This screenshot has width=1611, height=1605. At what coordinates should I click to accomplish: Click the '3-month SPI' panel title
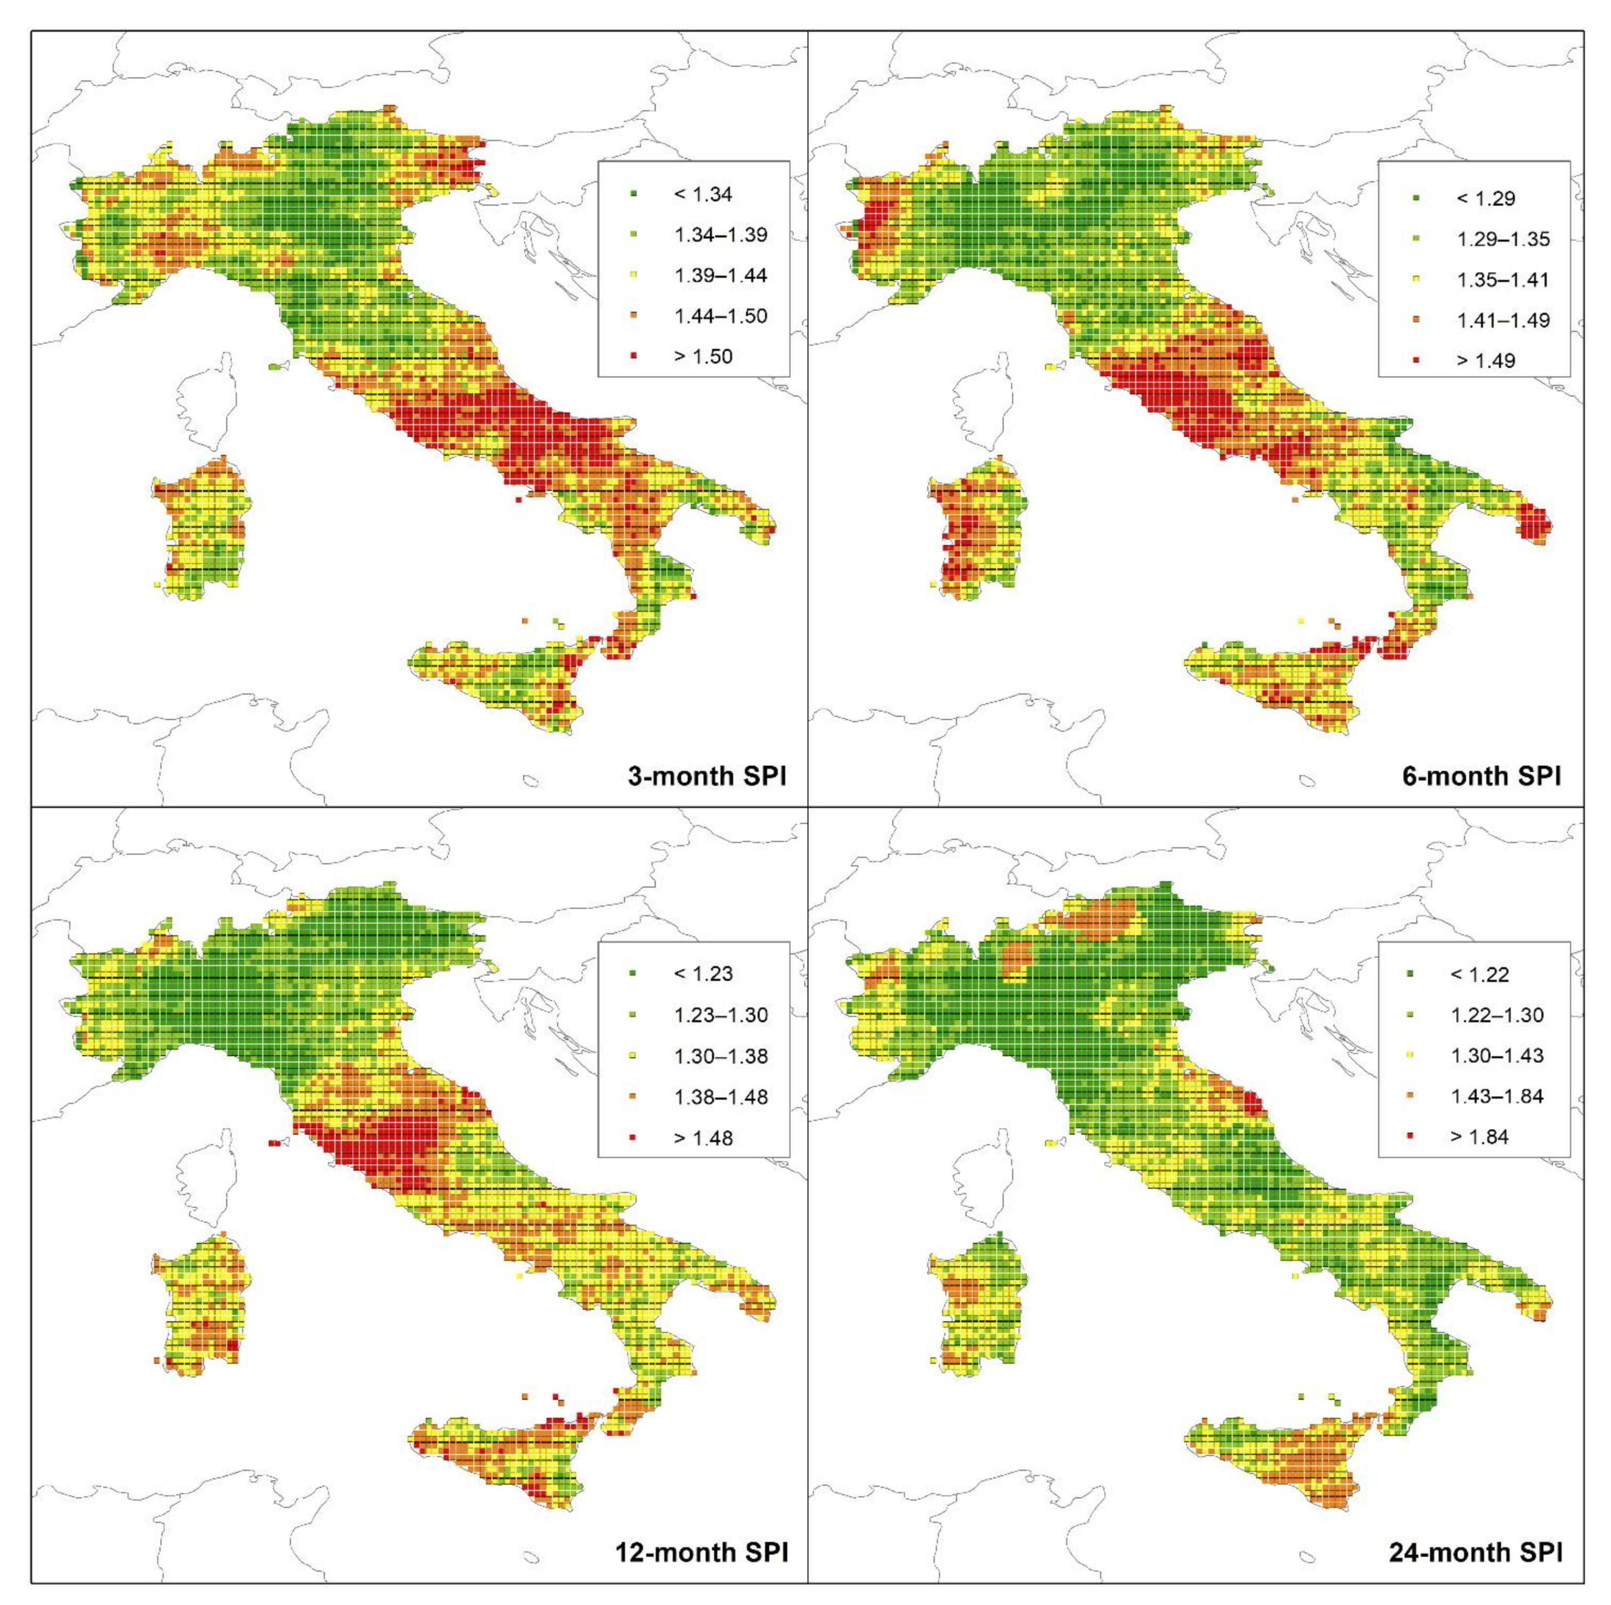706,777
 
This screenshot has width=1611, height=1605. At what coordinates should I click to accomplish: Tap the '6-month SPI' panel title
1481,777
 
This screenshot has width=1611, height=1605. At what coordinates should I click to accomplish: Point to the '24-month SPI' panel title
1476,1553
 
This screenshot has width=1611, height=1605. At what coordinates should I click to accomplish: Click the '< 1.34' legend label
703,194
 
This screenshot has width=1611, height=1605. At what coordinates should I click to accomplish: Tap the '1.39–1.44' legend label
720,275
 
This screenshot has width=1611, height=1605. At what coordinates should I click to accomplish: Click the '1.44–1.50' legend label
720,316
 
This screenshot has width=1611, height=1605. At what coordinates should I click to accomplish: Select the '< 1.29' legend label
1485,198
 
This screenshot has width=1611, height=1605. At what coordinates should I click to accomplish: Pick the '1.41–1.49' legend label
1504,320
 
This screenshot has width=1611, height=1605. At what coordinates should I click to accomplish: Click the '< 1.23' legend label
703,974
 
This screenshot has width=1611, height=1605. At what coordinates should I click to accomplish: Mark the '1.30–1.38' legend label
720,1056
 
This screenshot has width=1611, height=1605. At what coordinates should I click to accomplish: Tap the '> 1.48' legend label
703,1138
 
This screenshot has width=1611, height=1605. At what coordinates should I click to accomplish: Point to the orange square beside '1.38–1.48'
634,1097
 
